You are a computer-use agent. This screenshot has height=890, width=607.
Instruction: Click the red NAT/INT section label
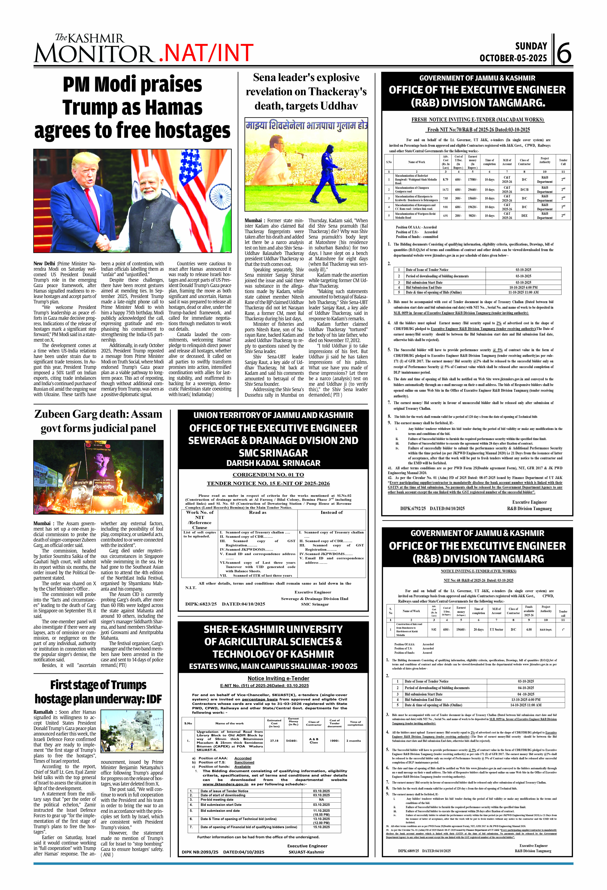[x=206, y=53]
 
